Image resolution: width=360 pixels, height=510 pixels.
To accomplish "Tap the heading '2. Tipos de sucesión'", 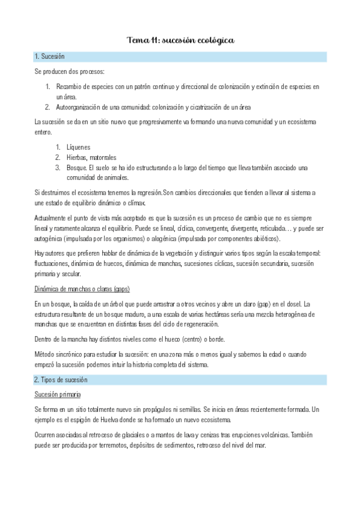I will [61, 380].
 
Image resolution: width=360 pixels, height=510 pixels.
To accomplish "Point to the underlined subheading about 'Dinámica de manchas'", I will [82, 289].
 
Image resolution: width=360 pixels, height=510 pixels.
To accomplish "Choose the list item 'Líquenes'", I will [78, 147].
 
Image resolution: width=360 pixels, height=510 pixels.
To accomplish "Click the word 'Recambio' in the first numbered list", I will [71, 87].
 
